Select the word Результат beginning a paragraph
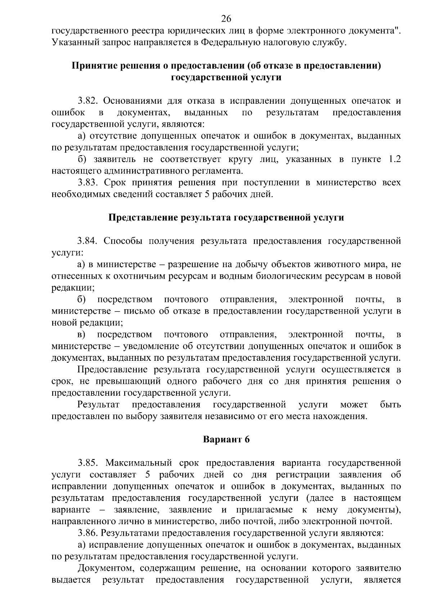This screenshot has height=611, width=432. pos(99,404)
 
